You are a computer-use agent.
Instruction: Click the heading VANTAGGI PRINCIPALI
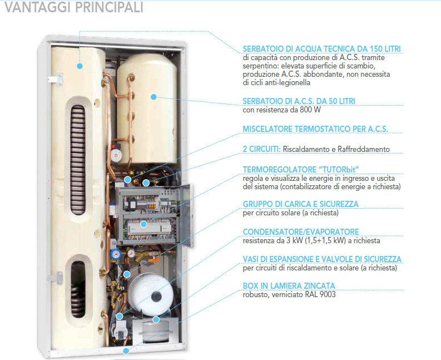(x=74, y=7)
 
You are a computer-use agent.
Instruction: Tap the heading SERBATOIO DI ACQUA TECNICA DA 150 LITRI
(x=322, y=49)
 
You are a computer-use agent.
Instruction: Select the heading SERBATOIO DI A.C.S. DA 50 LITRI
(x=299, y=101)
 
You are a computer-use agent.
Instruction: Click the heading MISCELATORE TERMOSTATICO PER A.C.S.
(x=315, y=129)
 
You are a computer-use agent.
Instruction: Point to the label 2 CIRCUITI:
(x=261, y=149)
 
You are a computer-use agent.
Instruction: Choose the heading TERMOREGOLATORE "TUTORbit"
(x=301, y=170)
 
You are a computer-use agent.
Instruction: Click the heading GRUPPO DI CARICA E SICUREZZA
(x=301, y=204)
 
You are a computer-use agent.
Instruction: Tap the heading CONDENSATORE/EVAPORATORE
(x=301, y=231)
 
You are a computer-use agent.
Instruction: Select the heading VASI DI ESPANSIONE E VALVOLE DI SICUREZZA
(x=322, y=259)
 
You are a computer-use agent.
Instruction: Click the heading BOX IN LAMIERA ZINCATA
(x=289, y=285)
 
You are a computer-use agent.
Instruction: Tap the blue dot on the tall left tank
(x=80, y=66)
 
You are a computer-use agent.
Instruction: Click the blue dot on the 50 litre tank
(x=153, y=97)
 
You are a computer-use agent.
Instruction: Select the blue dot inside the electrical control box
(x=143, y=224)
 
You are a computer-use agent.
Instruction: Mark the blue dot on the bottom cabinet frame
(x=126, y=351)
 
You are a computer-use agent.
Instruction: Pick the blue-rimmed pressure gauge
(x=116, y=254)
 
